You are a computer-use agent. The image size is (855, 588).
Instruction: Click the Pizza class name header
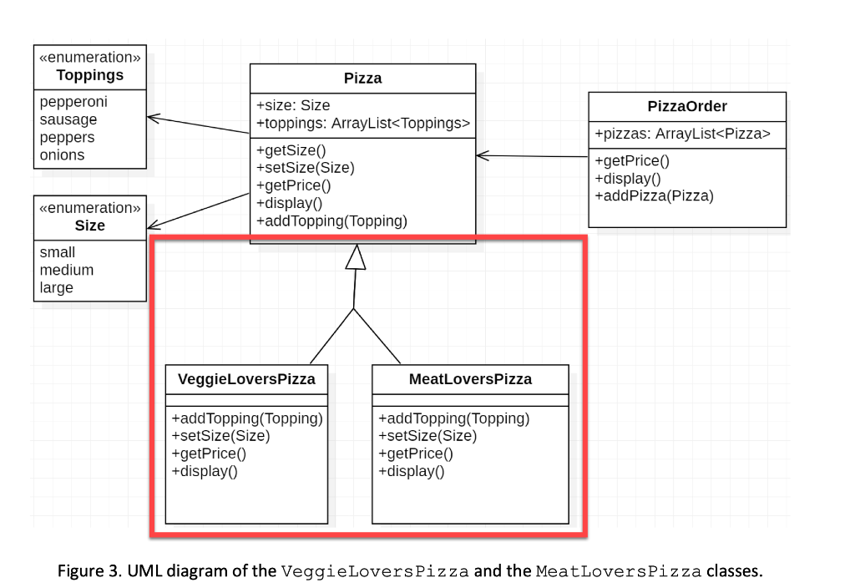tap(362, 79)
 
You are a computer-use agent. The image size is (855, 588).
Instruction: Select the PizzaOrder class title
tap(686, 106)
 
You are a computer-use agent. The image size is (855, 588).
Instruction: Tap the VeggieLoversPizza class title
tap(246, 379)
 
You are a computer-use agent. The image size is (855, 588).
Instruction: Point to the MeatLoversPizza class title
tap(470, 379)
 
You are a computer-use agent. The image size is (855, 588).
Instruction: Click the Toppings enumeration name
tap(89, 75)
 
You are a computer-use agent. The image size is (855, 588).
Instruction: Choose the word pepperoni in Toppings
tap(73, 102)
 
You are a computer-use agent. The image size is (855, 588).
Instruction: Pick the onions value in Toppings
tap(62, 155)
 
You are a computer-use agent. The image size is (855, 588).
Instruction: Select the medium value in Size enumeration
tap(67, 270)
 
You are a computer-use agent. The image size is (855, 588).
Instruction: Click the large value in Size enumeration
tap(57, 287)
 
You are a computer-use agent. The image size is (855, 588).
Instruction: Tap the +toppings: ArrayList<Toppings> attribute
tap(363, 123)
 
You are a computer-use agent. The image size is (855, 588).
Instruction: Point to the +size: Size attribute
tap(293, 105)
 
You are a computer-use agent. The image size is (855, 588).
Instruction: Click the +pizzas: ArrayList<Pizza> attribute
tap(682, 134)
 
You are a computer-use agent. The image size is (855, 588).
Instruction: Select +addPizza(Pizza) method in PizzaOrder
tap(654, 196)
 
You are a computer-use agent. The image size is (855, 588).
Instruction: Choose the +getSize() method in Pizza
tap(291, 150)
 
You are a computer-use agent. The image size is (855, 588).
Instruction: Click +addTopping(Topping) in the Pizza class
tap(331, 221)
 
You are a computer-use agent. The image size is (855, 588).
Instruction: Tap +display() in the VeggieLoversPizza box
tap(205, 471)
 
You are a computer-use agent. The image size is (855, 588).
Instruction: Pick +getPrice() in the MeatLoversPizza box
tap(416, 454)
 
